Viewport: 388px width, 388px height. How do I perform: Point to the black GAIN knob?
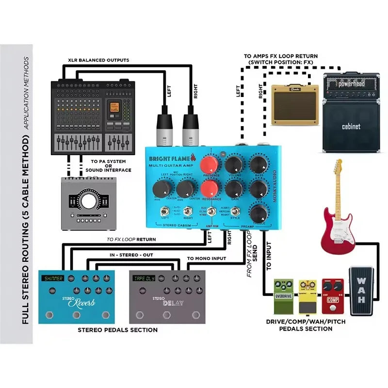234,189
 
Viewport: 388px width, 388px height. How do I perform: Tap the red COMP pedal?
332,295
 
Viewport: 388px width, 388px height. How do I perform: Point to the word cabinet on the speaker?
351,127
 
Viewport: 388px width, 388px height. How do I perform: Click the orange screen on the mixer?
114,109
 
